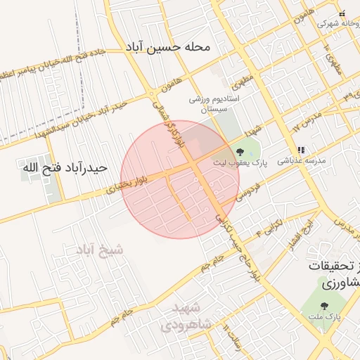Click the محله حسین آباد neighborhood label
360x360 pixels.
[168, 48]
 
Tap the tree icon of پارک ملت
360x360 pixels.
[323, 306]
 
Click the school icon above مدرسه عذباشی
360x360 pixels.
[301, 150]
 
